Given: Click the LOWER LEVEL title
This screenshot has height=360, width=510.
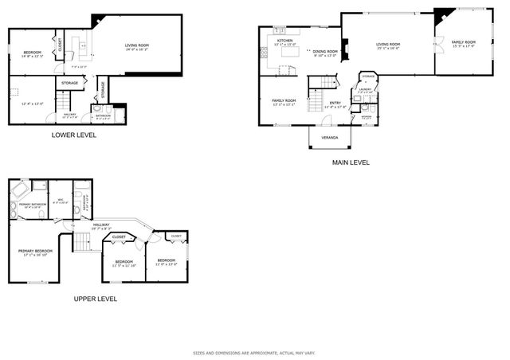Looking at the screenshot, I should click(74, 135).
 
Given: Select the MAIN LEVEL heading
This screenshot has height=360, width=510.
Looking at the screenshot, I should click(351, 162).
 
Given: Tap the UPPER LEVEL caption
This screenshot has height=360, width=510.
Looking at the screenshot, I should click(96, 299).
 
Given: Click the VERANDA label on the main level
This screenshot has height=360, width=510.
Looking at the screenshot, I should click(329, 137).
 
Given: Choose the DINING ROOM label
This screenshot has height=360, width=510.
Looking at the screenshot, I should click(324, 52).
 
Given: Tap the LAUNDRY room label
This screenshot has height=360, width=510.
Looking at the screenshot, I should click(365, 89).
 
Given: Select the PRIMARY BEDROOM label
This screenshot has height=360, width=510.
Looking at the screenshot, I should click(35, 251).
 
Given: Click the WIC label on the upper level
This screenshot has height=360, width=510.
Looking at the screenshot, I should click(60, 201).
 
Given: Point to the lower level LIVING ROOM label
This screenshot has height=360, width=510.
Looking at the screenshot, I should click(137, 45).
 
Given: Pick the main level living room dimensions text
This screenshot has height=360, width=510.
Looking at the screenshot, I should click(388, 49).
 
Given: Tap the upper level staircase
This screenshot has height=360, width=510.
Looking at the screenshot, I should click(82, 241).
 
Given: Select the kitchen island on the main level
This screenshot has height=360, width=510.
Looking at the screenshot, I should click(282, 70).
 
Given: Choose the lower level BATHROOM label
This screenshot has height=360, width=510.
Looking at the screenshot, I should click(104, 115).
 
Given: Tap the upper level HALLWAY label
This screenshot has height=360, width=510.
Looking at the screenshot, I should click(101, 225).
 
